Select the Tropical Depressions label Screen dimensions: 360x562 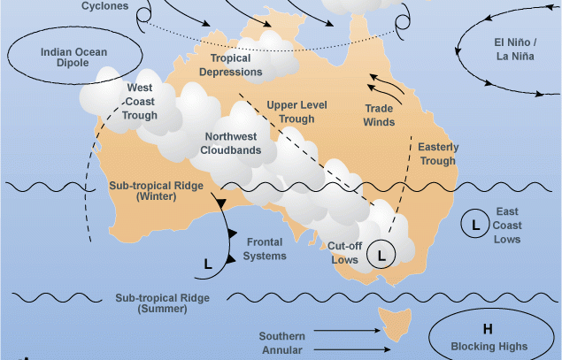tap(236, 65)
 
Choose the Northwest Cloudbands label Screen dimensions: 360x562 tap(233, 143)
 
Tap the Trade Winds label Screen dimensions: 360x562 tap(380, 115)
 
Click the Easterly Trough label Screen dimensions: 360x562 tap(437, 154)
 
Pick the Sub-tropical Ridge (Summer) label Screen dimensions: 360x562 tap(163, 303)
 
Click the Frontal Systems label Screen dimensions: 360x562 tap(266, 249)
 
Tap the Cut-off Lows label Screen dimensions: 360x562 tap(343, 252)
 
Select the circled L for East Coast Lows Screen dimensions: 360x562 tap(475, 225)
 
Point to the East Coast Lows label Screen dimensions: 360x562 tap(508, 226)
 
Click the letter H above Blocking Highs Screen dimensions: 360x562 tap(488, 330)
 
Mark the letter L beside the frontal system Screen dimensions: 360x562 tap(208, 264)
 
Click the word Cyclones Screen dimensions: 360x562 tap(104, 6)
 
